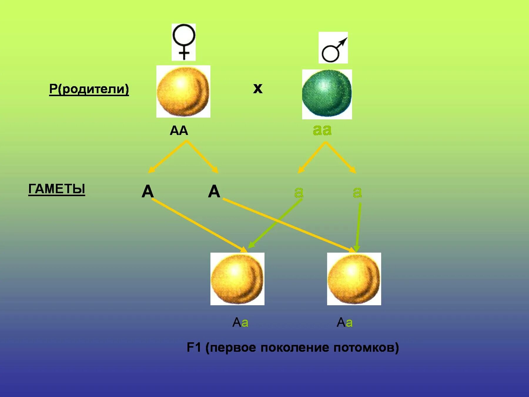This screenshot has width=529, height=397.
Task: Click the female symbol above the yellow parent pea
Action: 184,42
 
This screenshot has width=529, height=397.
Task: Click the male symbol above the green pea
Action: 333,48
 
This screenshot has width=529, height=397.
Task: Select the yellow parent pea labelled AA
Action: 183,91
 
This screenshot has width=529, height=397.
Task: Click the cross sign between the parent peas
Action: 258,89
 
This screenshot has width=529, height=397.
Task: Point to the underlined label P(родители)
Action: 89,89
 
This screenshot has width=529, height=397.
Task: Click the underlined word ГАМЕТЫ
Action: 57,189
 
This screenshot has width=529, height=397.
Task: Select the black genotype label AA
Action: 179,131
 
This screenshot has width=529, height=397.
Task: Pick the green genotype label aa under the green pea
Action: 322,130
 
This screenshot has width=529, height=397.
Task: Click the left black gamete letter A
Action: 148,191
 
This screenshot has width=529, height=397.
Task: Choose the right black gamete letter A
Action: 214,191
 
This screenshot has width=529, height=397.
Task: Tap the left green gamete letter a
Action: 299,192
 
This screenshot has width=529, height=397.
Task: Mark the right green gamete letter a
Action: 357,192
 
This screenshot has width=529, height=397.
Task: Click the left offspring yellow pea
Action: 237,279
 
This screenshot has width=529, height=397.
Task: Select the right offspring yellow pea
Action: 354,279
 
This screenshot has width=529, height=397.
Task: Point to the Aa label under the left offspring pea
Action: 240,323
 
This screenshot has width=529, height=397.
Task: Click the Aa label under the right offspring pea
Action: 344,323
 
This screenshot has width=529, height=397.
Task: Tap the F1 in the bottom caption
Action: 194,348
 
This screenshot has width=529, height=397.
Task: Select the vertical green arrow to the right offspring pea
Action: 359,226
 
